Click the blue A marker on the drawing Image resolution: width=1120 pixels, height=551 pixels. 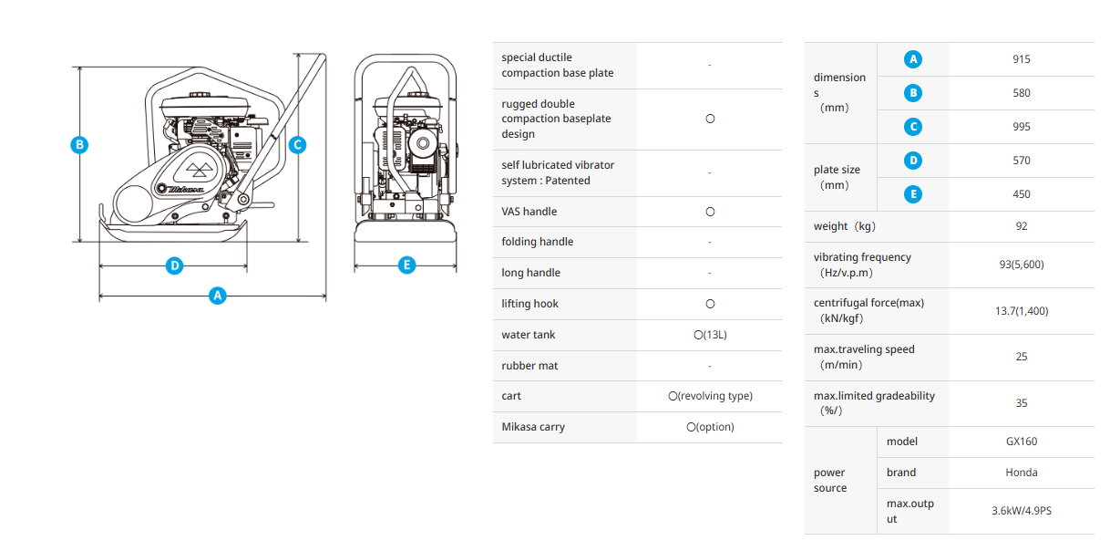(x=217, y=296)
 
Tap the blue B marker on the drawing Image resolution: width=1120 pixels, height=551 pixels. (x=80, y=144)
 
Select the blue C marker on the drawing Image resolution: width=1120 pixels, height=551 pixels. (x=296, y=144)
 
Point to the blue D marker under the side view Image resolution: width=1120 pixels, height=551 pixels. (x=174, y=266)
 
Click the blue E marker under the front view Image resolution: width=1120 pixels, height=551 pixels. (x=406, y=265)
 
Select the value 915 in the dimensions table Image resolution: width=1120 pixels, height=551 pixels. (x=1021, y=59)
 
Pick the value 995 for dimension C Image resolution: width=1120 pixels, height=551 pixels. (x=1021, y=127)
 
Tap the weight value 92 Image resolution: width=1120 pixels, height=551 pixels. (x=1021, y=226)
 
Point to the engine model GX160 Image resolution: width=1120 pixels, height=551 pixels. (x=1021, y=442)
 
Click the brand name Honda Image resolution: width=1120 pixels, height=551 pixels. (x=1021, y=473)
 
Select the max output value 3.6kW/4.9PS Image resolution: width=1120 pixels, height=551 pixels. (x=1021, y=511)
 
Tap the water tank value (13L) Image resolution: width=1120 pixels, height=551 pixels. (x=710, y=335)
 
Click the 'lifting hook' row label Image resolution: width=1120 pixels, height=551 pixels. (x=529, y=304)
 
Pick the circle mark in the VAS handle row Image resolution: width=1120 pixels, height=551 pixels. (x=710, y=212)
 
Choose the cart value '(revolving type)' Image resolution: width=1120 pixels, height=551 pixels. (x=710, y=396)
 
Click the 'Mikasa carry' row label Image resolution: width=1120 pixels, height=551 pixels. (x=533, y=427)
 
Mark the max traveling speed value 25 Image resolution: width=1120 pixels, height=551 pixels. (x=1021, y=357)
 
